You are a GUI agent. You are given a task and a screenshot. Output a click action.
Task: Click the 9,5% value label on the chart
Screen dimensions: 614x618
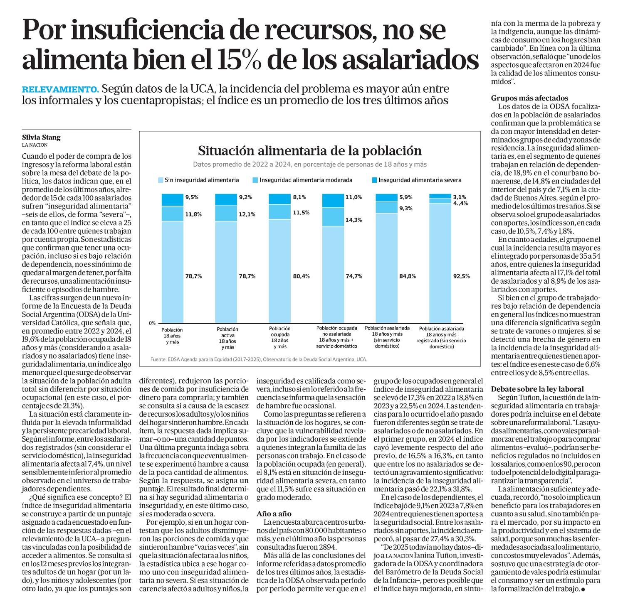[x=192, y=197]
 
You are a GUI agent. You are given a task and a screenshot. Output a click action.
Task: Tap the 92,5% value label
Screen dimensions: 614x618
[x=461, y=276]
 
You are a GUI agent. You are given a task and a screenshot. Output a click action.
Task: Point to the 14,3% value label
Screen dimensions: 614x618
[x=354, y=220]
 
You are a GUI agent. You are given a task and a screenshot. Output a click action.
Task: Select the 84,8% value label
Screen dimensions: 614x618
[x=407, y=276]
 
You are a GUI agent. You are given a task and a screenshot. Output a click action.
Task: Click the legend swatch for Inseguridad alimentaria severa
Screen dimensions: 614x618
[x=374, y=180]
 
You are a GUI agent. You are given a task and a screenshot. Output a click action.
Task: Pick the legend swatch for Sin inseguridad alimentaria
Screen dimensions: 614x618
[x=161, y=180]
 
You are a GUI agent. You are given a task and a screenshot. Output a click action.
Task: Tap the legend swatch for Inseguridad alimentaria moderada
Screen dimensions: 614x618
[x=256, y=180]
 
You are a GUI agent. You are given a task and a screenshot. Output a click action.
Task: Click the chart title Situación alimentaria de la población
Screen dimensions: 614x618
[x=310, y=150]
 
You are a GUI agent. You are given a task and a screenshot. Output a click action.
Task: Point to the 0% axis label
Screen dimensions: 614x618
[x=152, y=323]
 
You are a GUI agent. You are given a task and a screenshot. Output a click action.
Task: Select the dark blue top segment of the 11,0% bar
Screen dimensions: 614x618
[x=333, y=201]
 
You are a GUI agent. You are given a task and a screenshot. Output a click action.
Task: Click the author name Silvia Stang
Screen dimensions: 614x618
[x=41, y=138]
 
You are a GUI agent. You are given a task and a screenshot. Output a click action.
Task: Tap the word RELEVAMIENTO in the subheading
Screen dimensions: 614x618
[x=60, y=89]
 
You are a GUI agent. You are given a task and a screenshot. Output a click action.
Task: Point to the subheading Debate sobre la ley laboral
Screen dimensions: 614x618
[x=537, y=389]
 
